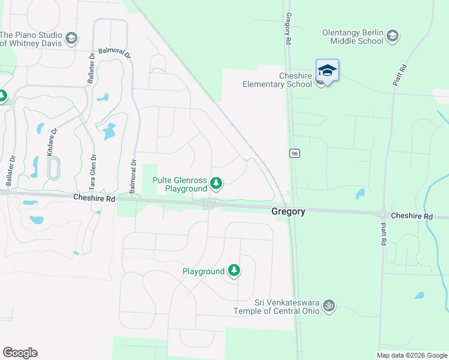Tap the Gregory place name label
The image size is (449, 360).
point(288,211)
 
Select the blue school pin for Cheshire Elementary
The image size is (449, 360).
point(327,71)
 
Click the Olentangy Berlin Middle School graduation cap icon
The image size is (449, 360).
point(393,35)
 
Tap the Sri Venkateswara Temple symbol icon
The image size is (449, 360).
point(328,306)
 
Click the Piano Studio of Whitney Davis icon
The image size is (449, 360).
point(71,39)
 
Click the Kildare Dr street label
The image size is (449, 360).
point(53,140)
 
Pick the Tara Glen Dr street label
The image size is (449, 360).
point(94,173)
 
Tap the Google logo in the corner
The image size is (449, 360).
point(20,353)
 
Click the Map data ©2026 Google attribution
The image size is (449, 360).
point(412,355)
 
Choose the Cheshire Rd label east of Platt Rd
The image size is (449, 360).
point(411,216)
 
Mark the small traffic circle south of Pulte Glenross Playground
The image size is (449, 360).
point(209,206)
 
